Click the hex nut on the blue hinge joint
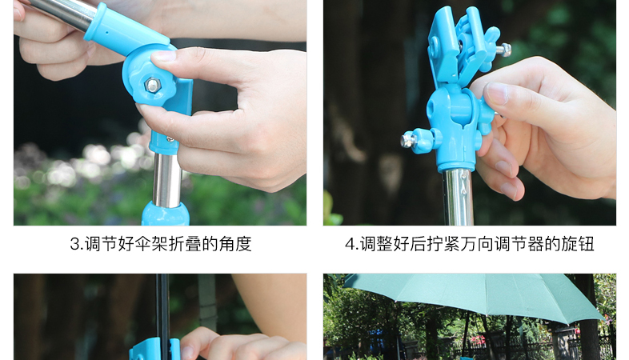click(152, 85)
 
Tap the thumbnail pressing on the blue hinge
click(163, 55)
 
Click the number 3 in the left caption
click(75, 244)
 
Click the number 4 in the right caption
click(351, 244)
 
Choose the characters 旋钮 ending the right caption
click(577, 244)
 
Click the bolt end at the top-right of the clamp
click(504, 50)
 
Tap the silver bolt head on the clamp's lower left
click(407, 140)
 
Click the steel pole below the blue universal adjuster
click(459, 198)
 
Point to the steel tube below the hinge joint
click(167, 179)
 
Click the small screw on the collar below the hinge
click(170, 139)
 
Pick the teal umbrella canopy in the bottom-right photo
click(474, 297)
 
